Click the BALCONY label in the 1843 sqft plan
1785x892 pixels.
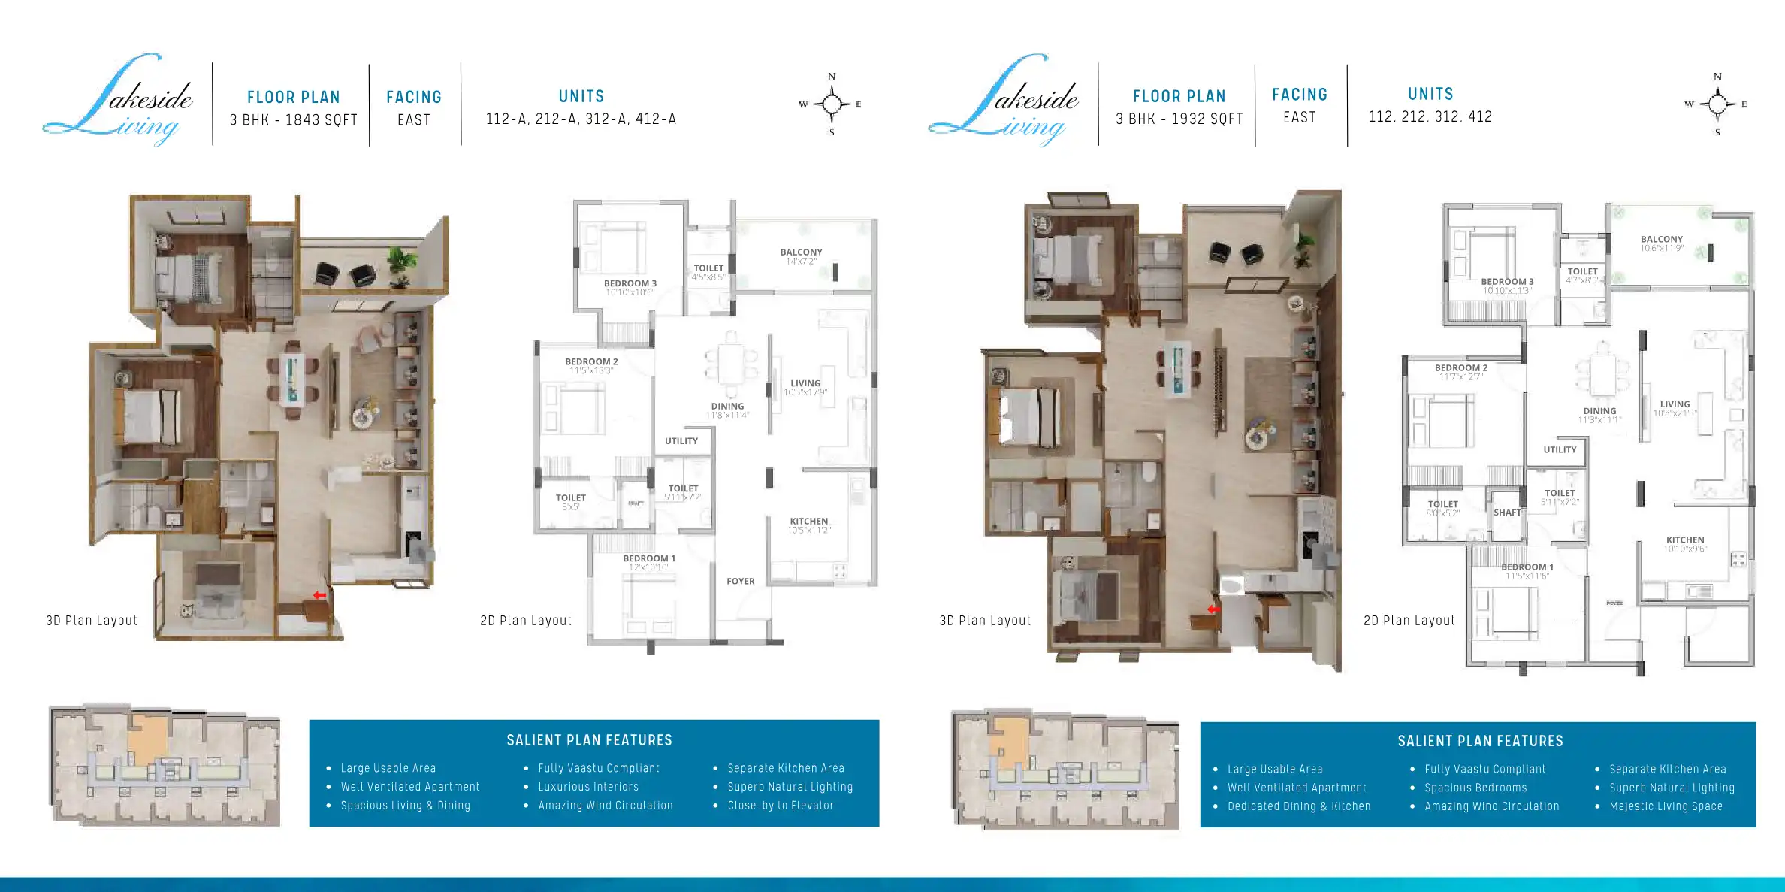tap(801, 252)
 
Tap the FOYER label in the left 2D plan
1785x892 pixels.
tap(740, 581)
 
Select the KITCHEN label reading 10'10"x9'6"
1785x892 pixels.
tap(1684, 540)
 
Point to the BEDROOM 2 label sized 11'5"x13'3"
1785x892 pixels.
tap(591, 362)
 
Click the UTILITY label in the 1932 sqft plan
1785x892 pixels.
tap(1560, 449)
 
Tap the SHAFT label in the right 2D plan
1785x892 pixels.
tap(1506, 513)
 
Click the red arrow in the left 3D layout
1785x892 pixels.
tap(319, 595)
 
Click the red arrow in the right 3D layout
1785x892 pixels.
tap(1213, 609)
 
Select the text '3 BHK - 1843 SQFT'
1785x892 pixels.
tap(294, 120)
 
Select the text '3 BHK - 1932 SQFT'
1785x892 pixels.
tap(1179, 119)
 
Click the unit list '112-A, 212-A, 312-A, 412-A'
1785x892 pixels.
tap(581, 119)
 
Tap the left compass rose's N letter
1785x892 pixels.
tap(832, 77)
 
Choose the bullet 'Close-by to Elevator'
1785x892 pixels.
tap(780, 806)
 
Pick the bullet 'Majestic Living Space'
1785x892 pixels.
tap(1666, 806)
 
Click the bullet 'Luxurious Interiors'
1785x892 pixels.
tap(587, 787)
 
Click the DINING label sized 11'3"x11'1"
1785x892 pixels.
tap(1599, 412)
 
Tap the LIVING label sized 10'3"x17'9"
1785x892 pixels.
tap(805, 383)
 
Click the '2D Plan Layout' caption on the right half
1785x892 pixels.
tap(1409, 621)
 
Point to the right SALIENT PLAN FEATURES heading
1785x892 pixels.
tap(1480, 741)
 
